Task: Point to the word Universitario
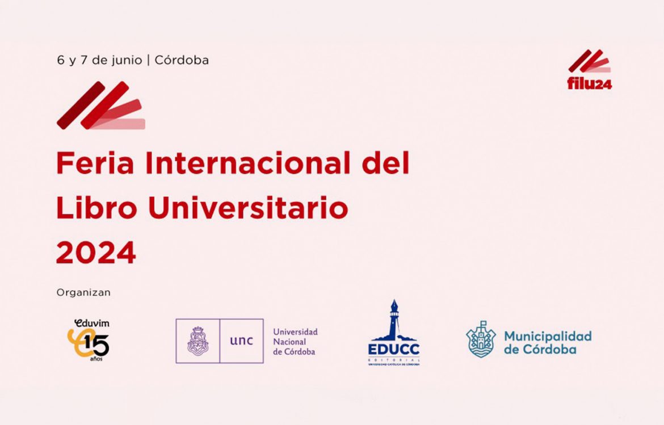tap(248, 209)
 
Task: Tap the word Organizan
tap(83, 293)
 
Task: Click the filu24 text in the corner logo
tap(590, 84)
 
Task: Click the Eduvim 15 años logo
tap(89, 340)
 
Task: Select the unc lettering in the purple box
tap(241, 341)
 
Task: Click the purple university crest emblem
tap(197, 341)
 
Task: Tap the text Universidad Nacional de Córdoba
tap(295, 342)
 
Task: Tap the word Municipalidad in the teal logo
tap(548, 336)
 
